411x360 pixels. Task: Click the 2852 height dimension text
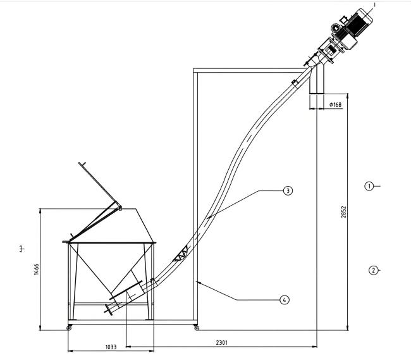[343, 212]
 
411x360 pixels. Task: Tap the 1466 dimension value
[37, 270]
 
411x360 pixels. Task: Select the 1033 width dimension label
[111, 347]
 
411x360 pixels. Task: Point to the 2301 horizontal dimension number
[222, 342]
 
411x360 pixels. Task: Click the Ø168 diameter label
[336, 104]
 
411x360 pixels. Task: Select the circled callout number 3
[288, 190]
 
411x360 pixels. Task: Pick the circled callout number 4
[285, 300]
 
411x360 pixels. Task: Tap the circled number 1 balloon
[369, 186]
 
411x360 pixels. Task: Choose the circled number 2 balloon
[373, 270]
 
